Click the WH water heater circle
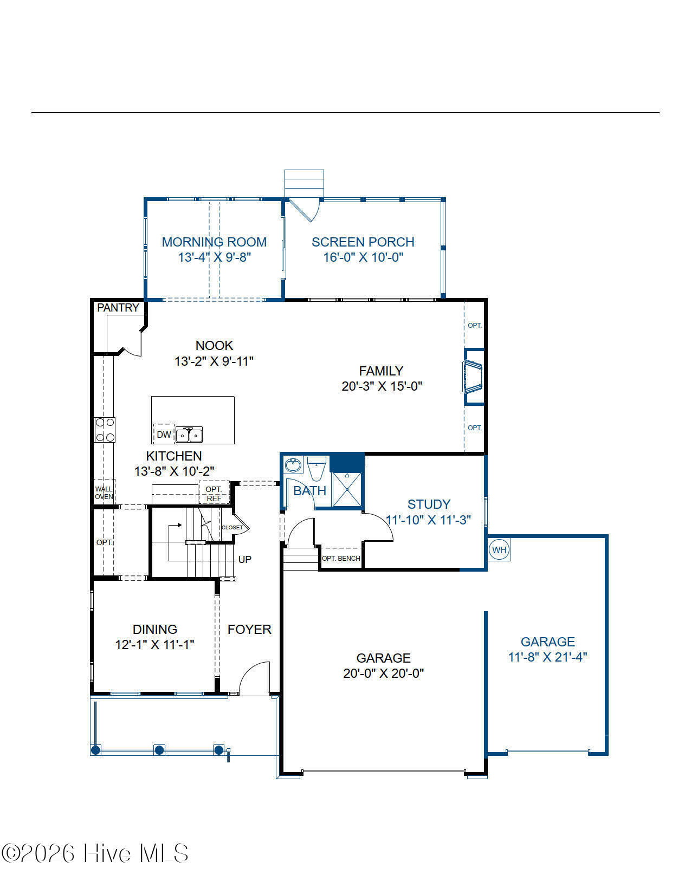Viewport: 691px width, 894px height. [x=499, y=549]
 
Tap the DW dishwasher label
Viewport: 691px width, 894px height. [x=164, y=435]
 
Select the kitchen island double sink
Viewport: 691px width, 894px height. [x=189, y=435]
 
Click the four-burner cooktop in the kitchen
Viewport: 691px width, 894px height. [x=105, y=430]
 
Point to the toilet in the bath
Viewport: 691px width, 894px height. [x=317, y=469]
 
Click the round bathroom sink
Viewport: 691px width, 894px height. [x=293, y=465]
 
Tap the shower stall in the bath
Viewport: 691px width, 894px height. [x=347, y=490]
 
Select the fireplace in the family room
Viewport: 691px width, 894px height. [x=473, y=377]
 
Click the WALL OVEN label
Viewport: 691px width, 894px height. [x=104, y=493]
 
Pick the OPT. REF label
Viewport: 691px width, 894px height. [x=214, y=494]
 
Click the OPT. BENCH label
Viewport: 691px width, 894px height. [x=341, y=558]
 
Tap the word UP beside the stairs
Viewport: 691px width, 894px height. [x=245, y=560]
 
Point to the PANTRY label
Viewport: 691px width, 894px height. [x=118, y=308]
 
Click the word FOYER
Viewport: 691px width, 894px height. [x=249, y=630]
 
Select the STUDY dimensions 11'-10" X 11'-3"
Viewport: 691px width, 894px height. [x=429, y=520]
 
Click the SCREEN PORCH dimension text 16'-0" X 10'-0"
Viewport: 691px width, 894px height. [x=363, y=257]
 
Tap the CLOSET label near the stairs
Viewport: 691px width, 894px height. [x=232, y=527]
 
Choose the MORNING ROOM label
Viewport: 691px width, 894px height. [x=214, y=242]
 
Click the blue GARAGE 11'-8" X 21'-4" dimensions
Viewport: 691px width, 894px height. [x=547, y=657]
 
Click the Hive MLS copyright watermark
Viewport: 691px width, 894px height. [x=95, y=853]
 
